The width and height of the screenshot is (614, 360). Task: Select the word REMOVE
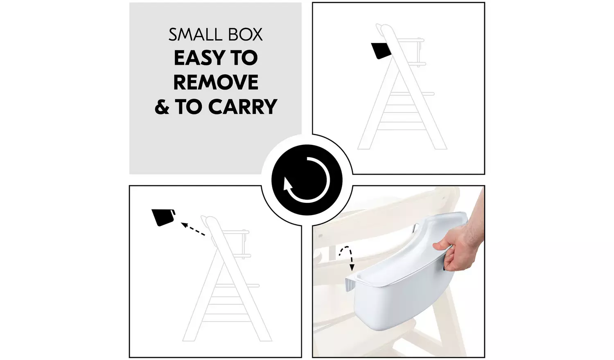pyautogui.click(x=216, y=82)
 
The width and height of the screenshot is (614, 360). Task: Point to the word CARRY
pyautogui.click(x=243, y=107)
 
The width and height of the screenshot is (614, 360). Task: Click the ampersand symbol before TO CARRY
pyautogui.click(x=162, y=107)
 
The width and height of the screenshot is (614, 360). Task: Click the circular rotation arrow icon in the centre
pyautogui.click(x=307, y=180)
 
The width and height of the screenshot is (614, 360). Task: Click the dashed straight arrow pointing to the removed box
pyautogui.click(x=193, y=229)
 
